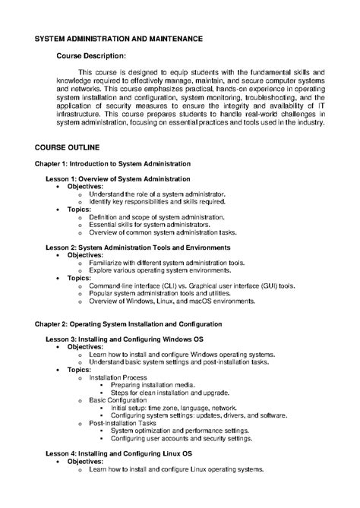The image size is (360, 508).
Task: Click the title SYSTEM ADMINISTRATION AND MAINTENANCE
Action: tap(119, 37)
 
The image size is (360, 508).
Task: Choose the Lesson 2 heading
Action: tap(139, 248)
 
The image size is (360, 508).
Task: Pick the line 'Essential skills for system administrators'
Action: tap(150, 225)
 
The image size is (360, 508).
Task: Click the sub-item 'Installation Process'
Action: tap(118, 377)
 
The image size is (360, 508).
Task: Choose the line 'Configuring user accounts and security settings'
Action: tap(181, 438)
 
